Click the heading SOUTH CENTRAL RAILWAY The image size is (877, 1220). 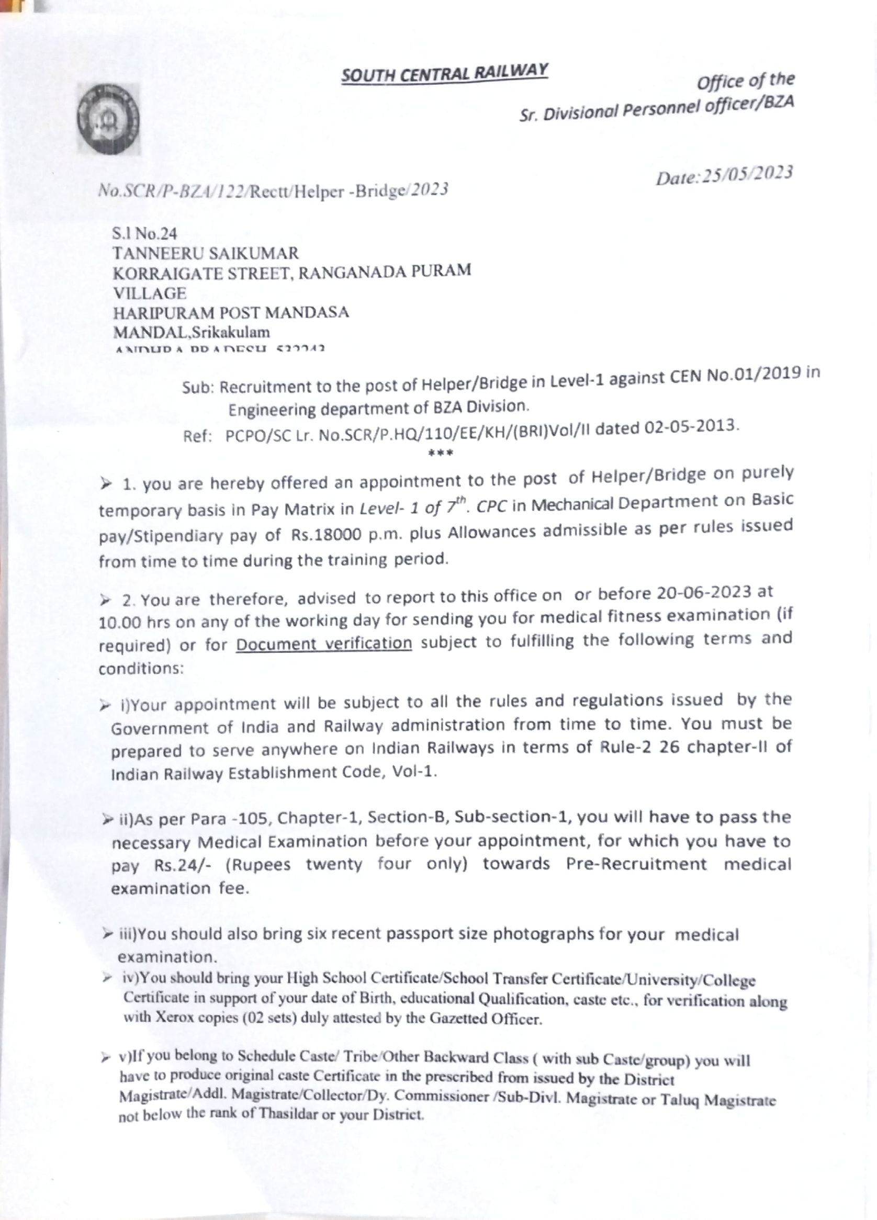point(444,74)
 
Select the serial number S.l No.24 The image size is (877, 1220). point(144,234)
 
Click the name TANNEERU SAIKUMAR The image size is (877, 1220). point(205,253)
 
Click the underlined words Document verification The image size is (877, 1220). point(324,643)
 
